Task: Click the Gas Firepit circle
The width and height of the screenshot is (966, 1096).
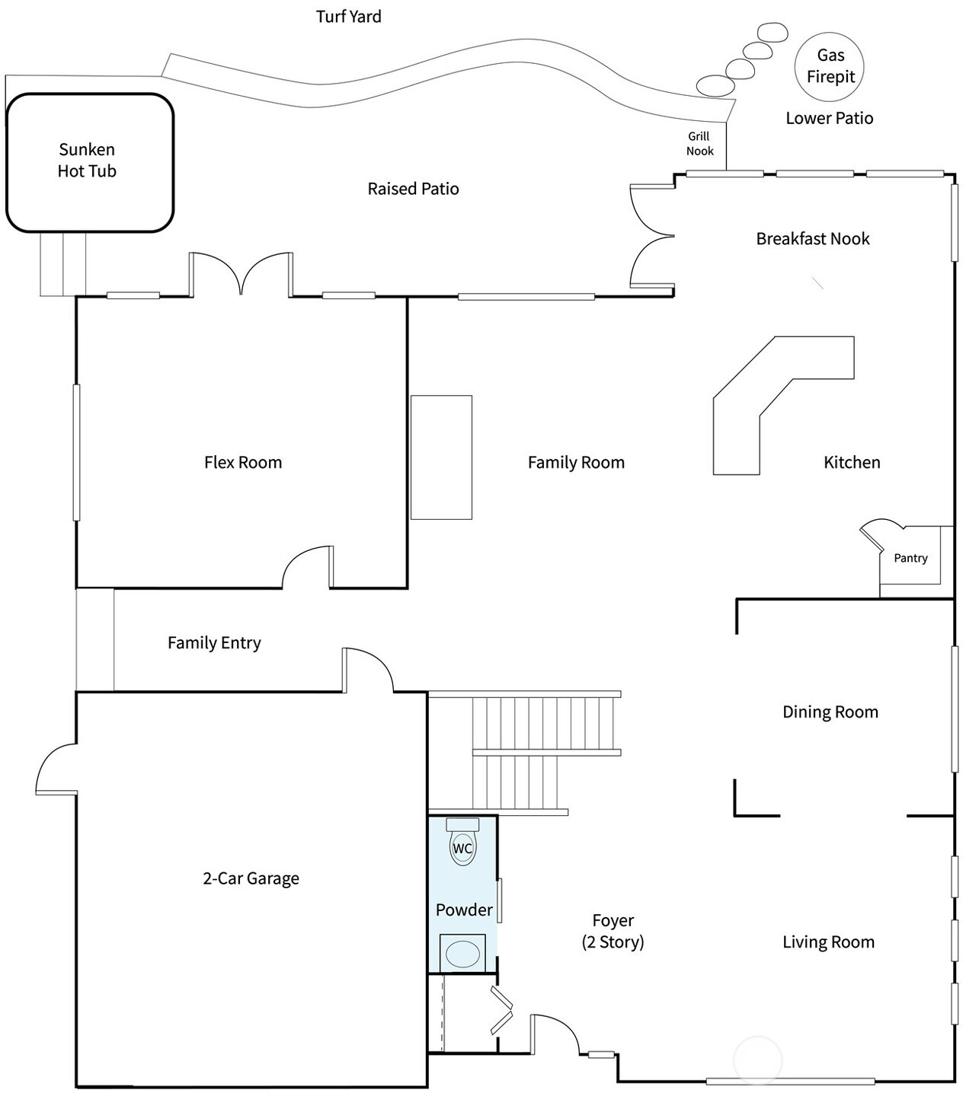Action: point(830,66)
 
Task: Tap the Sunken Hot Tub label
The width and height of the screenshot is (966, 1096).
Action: point(87,161)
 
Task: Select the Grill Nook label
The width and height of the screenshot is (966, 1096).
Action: point(699,144)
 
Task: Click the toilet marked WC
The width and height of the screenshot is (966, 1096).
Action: point(462,848)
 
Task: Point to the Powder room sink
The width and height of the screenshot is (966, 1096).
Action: point(462,954)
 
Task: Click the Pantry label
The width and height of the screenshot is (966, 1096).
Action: point(910,558)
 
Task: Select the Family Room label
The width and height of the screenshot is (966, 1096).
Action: point(576,463)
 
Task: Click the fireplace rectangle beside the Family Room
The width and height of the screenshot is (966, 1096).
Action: point(441,457)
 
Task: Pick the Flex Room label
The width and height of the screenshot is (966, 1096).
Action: point(243,463)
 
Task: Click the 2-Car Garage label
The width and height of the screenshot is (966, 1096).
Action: point(251,878)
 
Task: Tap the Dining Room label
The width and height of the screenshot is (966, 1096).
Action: point(830,712)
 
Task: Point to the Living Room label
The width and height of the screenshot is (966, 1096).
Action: point(828,942)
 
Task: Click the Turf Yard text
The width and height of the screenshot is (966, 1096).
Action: point(348,17)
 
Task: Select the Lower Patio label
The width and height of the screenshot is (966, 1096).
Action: point(829,119)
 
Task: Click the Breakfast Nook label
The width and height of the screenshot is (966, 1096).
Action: point(812,239)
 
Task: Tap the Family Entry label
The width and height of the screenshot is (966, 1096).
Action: point(214,643)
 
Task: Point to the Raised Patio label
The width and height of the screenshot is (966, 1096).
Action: point(413,189)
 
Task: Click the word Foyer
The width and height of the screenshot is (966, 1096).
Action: point(613,921)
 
